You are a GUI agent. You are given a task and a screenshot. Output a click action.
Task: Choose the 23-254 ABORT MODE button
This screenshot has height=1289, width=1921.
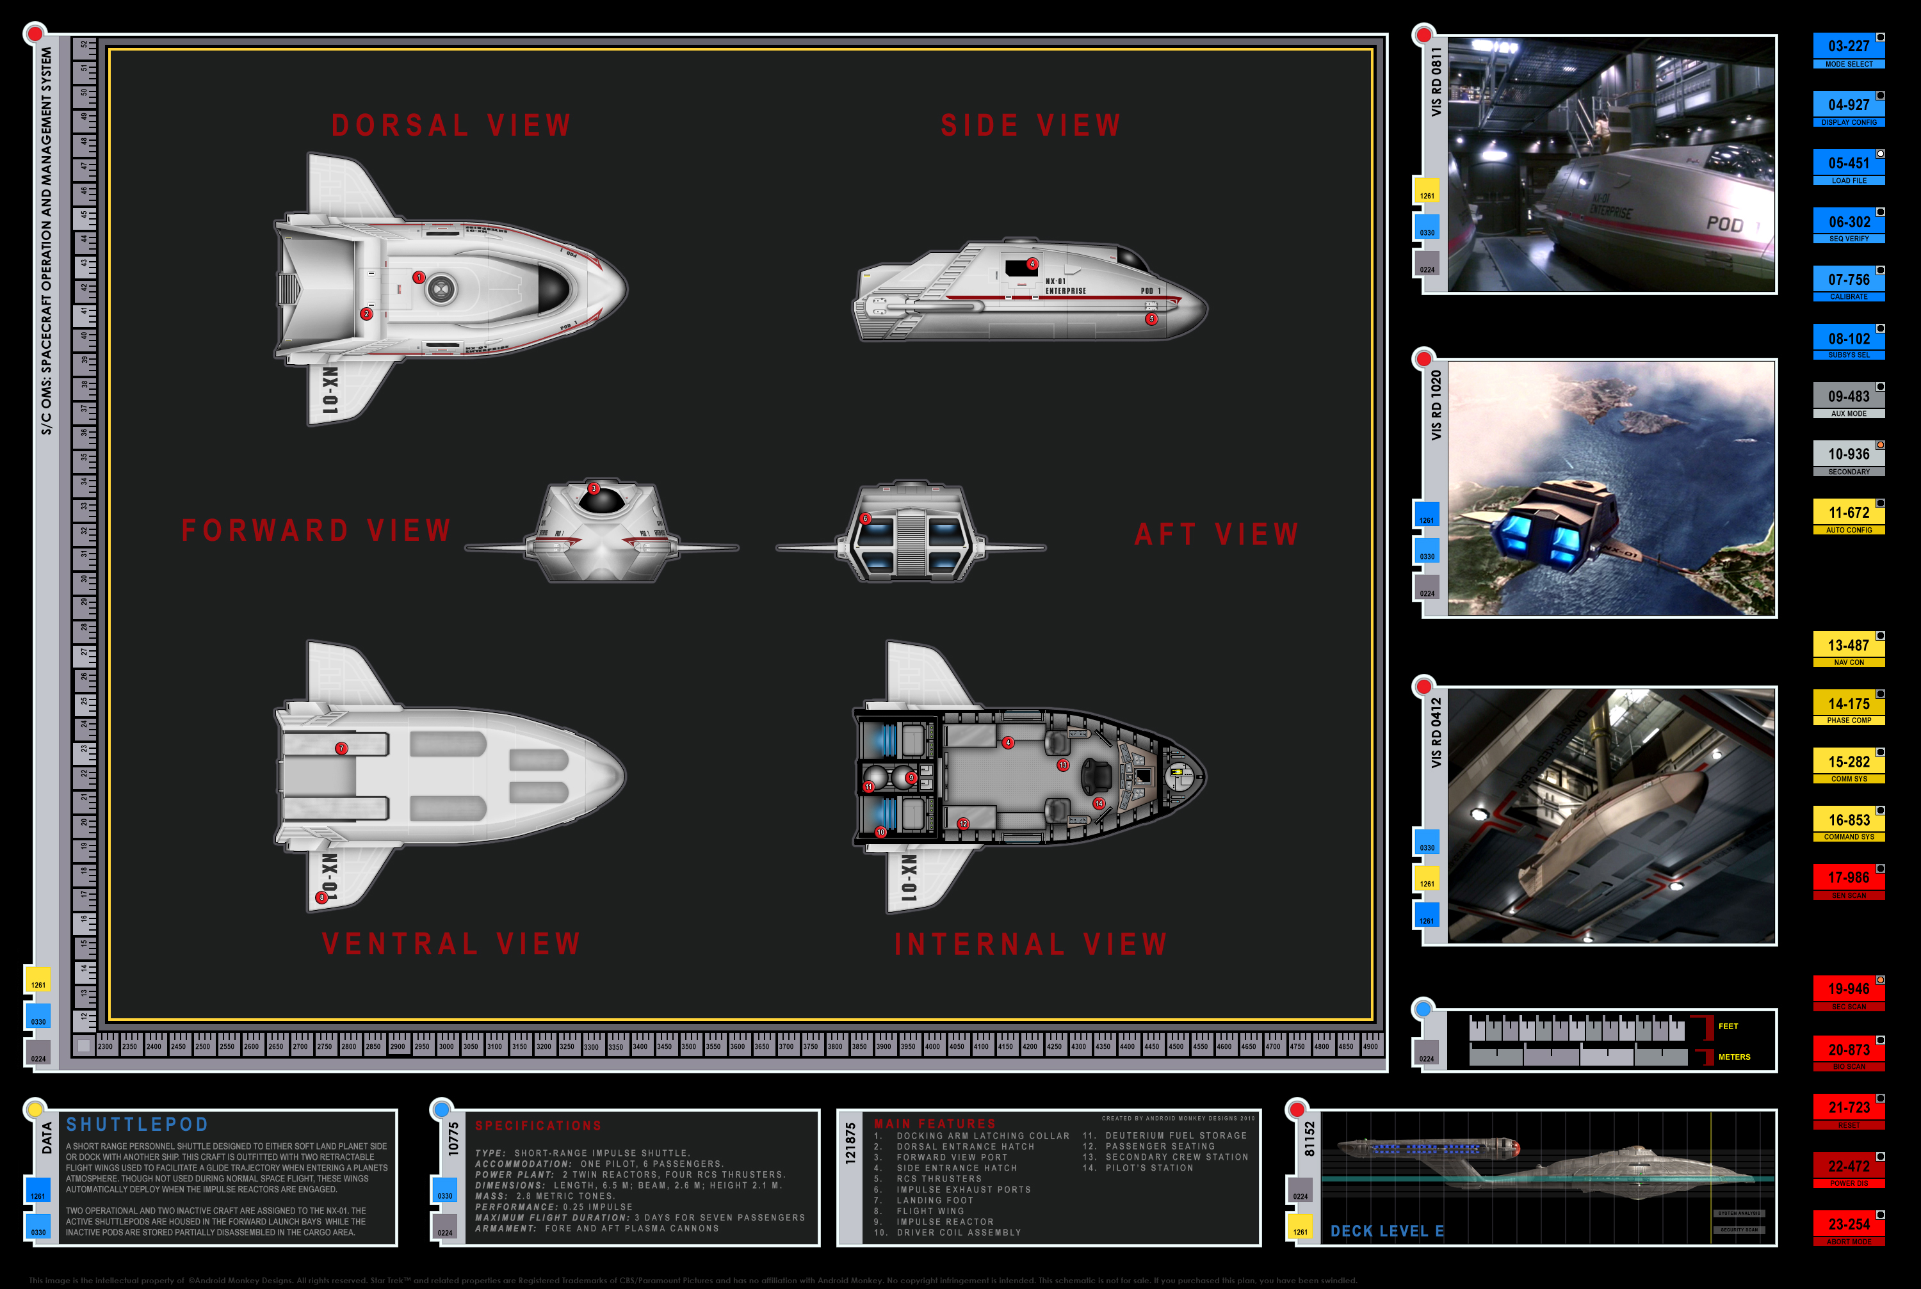(1848, 1228)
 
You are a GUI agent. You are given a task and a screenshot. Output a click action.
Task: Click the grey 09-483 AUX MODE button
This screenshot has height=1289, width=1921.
(1848, 401)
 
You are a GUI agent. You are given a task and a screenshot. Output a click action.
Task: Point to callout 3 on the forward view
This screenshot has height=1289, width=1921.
(594, 488)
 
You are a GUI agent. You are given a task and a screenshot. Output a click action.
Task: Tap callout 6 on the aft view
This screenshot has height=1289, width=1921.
(865, 518)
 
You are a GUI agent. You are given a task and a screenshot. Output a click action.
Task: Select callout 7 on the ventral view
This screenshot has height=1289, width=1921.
(341, 748)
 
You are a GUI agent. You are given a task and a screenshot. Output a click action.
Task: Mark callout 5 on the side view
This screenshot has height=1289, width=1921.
(1151, 319)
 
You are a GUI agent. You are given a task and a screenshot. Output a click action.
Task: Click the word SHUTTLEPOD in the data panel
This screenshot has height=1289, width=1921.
(137, 1125)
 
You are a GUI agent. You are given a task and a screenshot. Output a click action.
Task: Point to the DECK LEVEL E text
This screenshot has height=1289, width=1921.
(1386, 1231)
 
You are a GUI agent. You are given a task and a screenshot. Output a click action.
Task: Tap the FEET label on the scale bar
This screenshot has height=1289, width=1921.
(1728, 1026)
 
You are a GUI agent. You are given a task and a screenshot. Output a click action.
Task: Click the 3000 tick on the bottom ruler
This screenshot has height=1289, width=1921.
(446, 1046)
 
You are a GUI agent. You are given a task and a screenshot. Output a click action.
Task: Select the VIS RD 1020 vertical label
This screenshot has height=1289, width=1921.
(1436, 405)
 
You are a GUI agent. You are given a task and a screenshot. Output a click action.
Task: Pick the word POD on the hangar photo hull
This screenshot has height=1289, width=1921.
(1724, 223)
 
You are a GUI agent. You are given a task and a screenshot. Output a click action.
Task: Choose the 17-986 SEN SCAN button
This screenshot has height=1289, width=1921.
(1848, 881)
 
